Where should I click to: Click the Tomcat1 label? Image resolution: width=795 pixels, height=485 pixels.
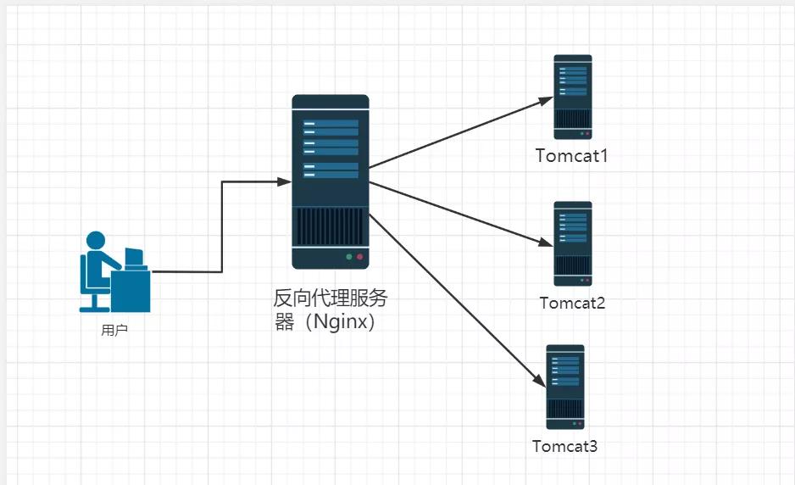click(x=572, y=156)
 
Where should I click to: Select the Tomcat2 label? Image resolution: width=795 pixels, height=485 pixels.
click(x=572, y=303)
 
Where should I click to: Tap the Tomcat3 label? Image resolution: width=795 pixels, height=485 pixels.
click(x=564, y=446)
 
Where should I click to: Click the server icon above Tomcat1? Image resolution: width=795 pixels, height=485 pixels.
click(x=573, y=97)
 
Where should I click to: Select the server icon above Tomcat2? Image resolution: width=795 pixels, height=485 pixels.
click(x=573, y=243)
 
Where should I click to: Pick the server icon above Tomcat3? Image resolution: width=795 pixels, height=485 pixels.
click(x=565, y=387)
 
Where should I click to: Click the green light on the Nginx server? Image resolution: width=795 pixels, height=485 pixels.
click(x=348, y=256)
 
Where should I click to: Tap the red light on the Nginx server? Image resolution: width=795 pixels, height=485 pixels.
click(x=359, y=256)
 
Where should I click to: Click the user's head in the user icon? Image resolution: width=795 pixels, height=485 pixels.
click(x=96, y=241)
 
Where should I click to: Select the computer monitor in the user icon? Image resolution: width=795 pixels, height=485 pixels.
click(x=133, y=257)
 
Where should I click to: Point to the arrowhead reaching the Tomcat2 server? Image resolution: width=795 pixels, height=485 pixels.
click(x=548, y=243)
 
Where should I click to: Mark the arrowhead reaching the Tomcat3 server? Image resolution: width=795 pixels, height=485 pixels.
click(x=539, y=382)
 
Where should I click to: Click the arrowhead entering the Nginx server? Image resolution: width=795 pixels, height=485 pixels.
click(x=285, y=181)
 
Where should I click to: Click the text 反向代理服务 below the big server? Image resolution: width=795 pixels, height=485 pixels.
click(x=331, y=299)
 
